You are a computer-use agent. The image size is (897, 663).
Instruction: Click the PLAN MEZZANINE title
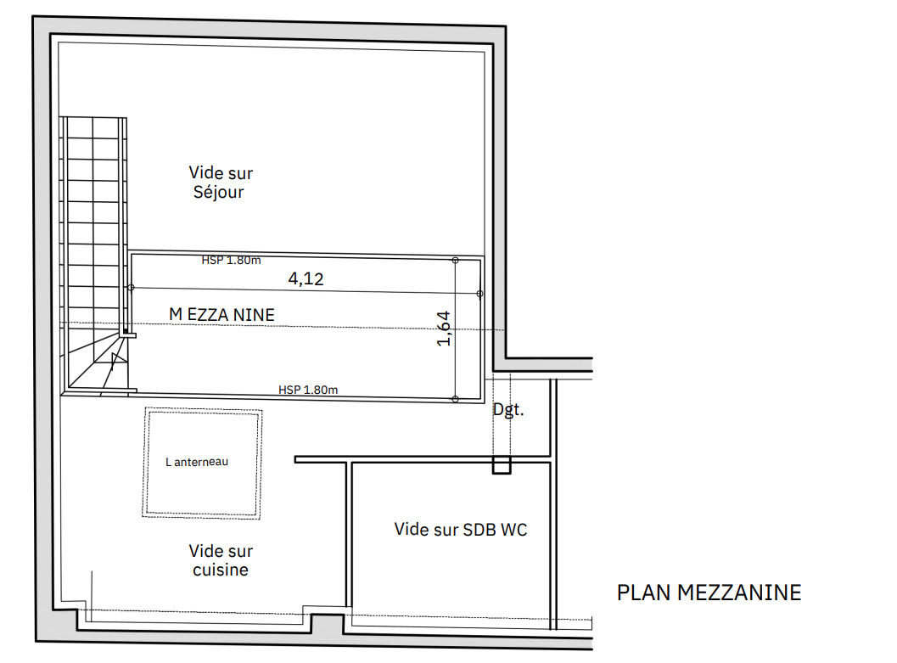(709, 593)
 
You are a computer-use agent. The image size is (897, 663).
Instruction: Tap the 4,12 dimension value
(306, 278)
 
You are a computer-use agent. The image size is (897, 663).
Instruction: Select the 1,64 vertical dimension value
(443, 329)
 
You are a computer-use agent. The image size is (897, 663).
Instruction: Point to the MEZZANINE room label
(222, 315)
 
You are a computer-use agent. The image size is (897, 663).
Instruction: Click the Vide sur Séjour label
(221, 183)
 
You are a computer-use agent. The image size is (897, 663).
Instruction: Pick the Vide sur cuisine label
(221, 560)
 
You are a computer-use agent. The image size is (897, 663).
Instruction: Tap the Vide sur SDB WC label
(461, 530)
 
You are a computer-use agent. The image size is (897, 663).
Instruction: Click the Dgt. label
(508, 410)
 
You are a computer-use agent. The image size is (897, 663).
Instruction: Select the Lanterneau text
(197, 462)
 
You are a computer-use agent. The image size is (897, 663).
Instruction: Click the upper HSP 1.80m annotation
(231, 261)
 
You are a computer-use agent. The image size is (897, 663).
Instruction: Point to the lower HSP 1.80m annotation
(308, 390)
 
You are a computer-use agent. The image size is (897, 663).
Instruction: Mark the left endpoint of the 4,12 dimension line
(131, 288)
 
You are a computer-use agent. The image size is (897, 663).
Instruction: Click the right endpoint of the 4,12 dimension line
(480, 294)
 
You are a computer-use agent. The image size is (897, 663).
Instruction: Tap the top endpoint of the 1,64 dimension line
(456, 261)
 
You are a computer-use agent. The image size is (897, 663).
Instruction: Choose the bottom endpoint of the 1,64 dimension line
(456, 399)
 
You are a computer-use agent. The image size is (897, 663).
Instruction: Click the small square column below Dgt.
(502, 464)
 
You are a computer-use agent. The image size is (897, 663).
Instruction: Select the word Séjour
(219, 192)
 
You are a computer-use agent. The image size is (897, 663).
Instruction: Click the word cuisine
(221, 570)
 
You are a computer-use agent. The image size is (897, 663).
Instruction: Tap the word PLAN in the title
(643, 593)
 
